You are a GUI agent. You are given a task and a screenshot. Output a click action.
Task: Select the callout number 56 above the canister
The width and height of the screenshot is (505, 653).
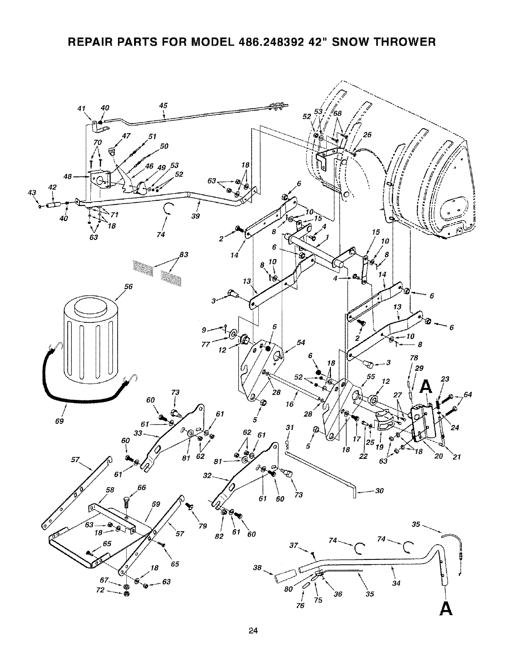(x=128, y=287)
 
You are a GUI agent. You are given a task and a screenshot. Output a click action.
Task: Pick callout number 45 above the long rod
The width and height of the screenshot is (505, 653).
(x=163, y=106)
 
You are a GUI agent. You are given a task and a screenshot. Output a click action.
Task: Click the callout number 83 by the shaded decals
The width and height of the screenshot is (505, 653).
(x=184, y=255)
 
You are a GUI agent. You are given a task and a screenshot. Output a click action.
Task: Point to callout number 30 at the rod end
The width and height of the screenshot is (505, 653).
(x=379, y=491)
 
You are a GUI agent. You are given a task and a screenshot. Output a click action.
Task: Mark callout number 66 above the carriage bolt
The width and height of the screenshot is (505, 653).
(x=142, y=488)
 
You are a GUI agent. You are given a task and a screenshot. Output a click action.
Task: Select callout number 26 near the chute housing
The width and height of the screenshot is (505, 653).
(x=367, y=135)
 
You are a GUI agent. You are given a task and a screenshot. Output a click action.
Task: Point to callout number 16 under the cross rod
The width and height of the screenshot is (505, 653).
(x=290, y=404)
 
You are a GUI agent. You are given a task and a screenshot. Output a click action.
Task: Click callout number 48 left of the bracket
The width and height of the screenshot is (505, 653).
(x=68, y=176)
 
